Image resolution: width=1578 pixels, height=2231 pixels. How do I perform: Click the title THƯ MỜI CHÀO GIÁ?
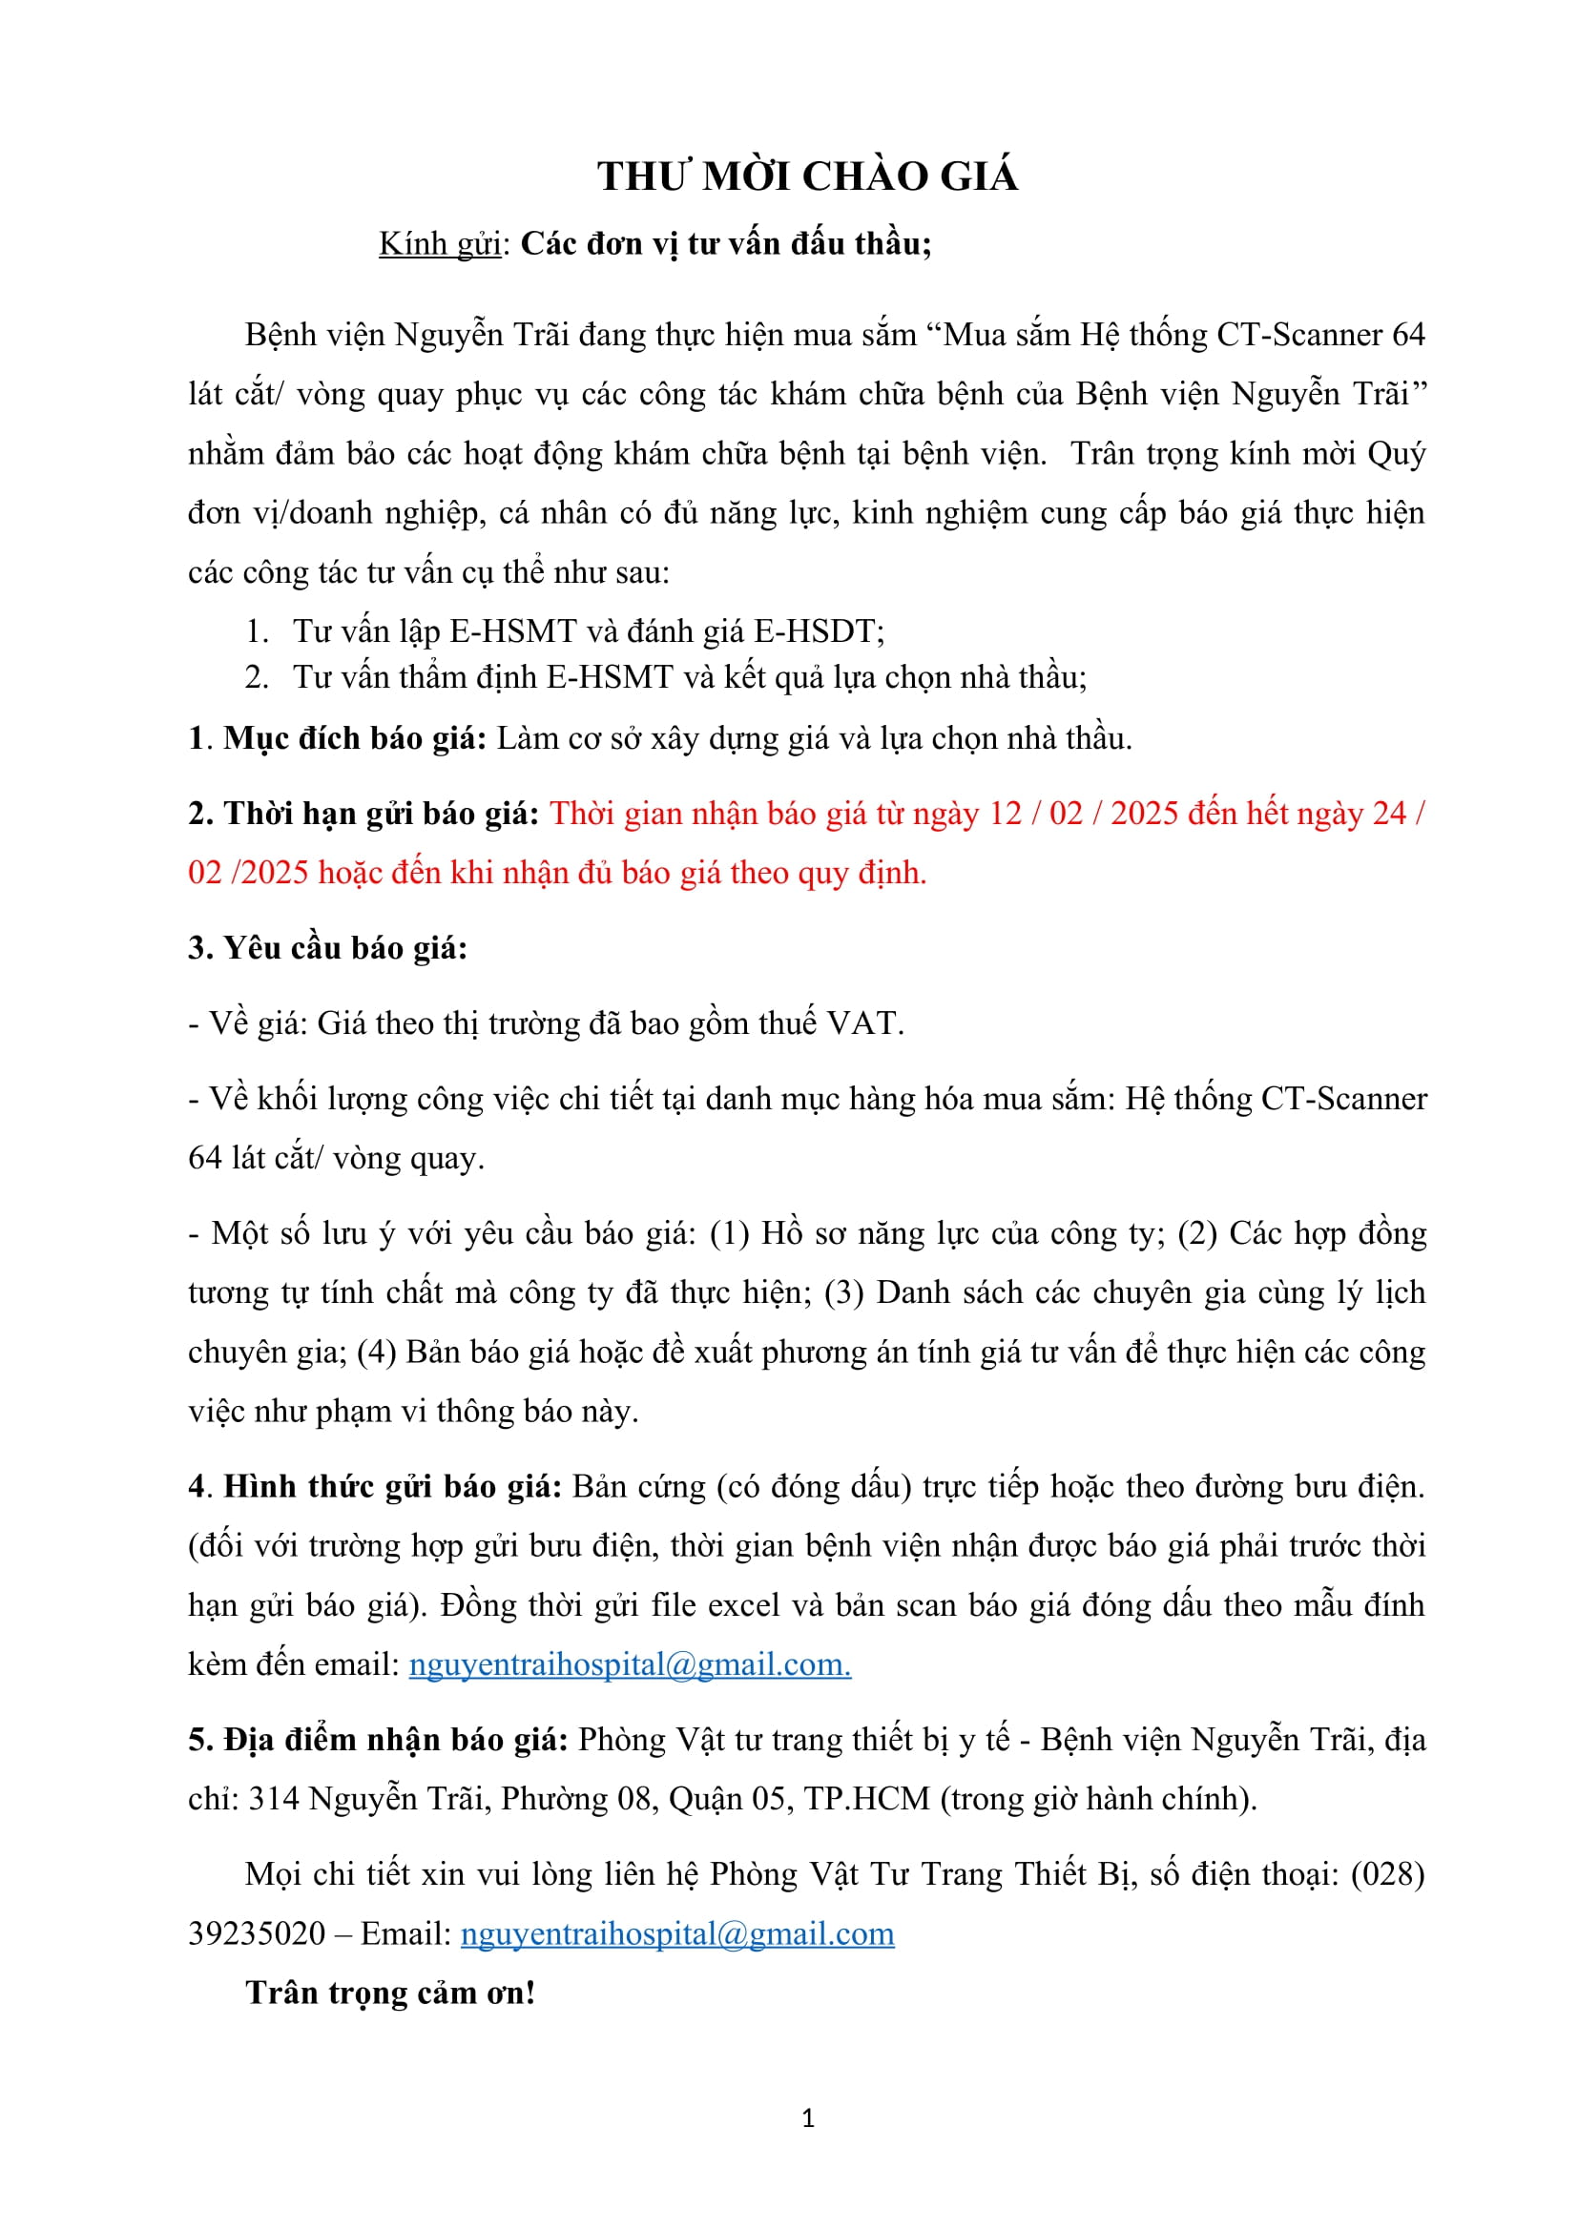pos(807,176)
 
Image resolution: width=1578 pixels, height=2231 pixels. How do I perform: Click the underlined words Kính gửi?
pos(439,244)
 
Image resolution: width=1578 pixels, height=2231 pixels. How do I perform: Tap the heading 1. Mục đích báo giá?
pos(337,739)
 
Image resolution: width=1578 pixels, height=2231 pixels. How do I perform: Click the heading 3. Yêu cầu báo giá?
pos(327,948)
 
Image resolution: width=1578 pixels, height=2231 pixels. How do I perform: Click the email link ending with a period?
pos(630,1664)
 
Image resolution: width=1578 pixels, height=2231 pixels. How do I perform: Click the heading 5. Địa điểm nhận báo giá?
pos(378,1740)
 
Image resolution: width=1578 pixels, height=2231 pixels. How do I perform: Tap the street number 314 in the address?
pos(274,1800)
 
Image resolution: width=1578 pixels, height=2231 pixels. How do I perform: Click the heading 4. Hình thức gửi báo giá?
pos(375,1487)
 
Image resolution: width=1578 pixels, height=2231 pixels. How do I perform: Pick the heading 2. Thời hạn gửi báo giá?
pos(363,814)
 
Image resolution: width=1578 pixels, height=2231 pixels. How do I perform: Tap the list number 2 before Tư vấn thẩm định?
pos(256,677)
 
